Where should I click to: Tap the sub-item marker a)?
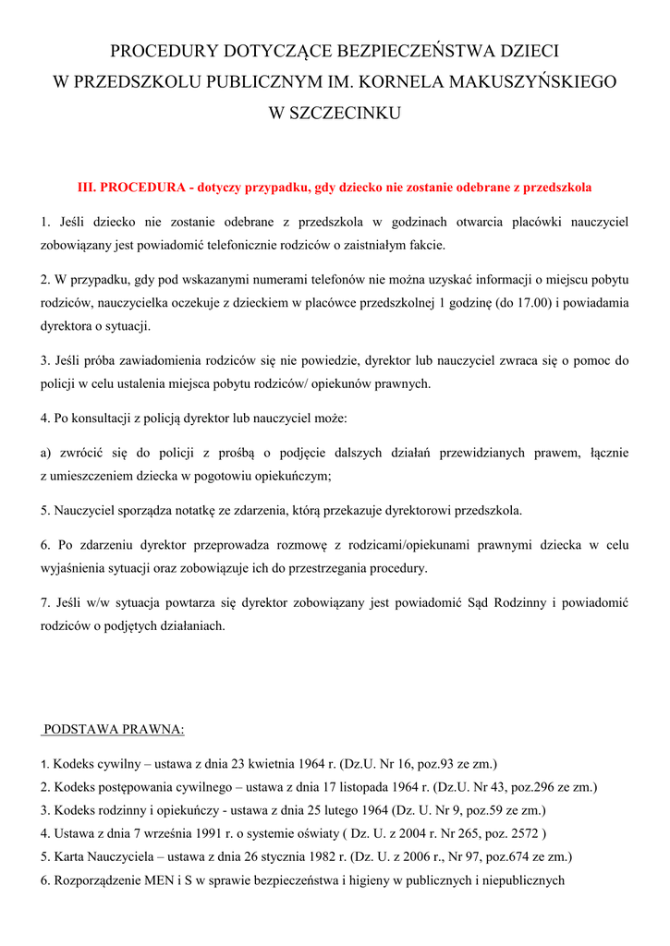46,453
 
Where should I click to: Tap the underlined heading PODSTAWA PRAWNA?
115,730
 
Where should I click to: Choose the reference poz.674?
498,856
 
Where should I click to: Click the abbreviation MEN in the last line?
148,879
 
